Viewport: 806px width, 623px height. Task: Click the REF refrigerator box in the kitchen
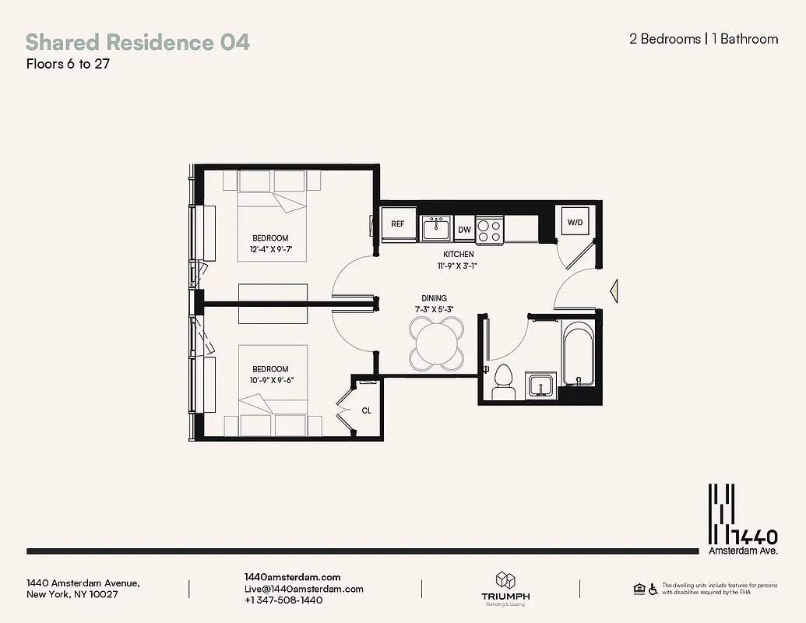pyautogui.click(x=398, y=224)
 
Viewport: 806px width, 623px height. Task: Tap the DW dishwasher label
pyautogui.click(x=464, y=230)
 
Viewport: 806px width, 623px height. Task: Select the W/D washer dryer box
pyautogui.click(x=575, y=223)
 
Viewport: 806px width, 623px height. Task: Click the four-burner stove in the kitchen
pyautogui.click(x=490, y=230)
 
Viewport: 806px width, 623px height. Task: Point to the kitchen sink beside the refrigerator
pyautogui.click(x=436, y=229)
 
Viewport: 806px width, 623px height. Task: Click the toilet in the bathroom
pyautogui.click(x=503, y=381)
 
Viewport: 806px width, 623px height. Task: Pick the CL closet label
pyautogui.click(x=366, y=410)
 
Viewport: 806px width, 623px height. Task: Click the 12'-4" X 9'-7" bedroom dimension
pyautogui.click(x=270, y=250)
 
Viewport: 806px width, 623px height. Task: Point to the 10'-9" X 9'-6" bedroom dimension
pyautogui.click(x=270, y=380)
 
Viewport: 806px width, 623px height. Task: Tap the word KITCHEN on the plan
pyautogui.click(x=458, y=254)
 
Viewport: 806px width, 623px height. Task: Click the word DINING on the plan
pyautogui.click(x=434, y=298)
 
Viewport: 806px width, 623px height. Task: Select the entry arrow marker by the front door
pyautogui.click(x=614, y=290)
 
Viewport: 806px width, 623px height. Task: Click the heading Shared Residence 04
pyautogui.click(x=138, y=42)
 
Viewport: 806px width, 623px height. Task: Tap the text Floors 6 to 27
pyautogui.click(x=68, y=64)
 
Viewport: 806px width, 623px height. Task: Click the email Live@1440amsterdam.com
pyautogui.click(x=304, y=589)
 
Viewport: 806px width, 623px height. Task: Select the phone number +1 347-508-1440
pyautogui.click(x=283, y=600)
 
